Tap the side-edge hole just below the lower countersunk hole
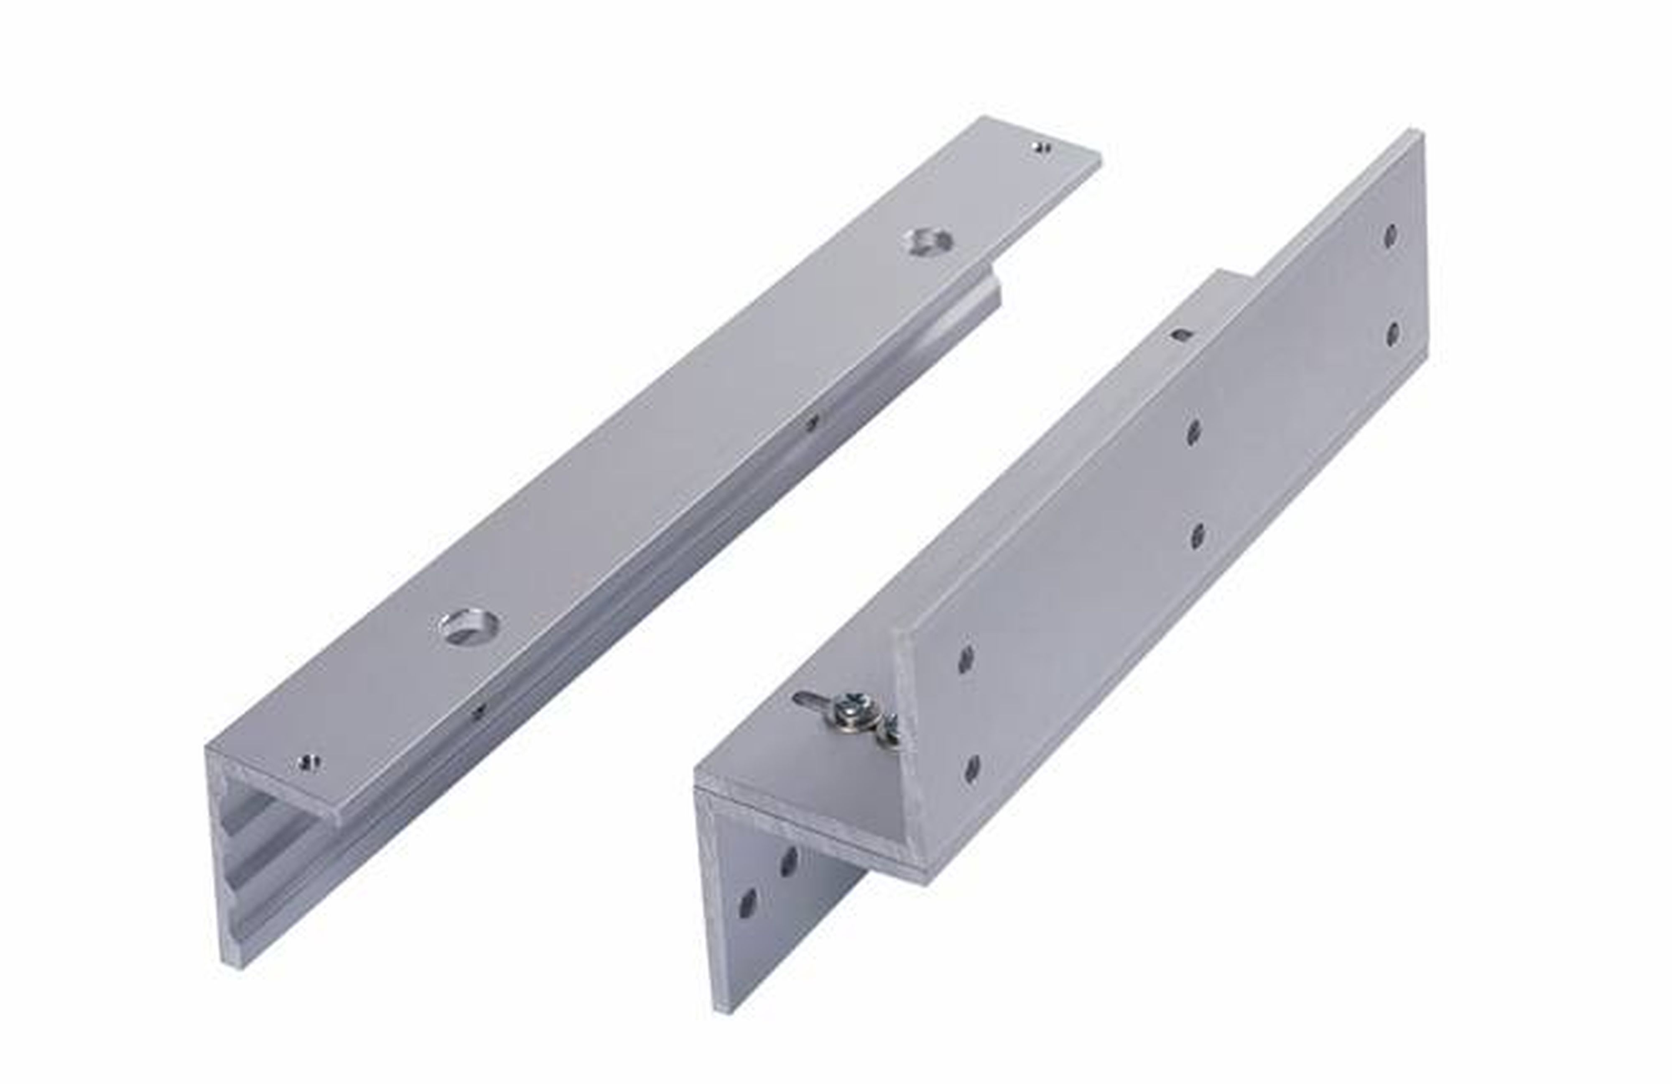point(479,710)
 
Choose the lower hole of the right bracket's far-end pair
point(1392,334)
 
